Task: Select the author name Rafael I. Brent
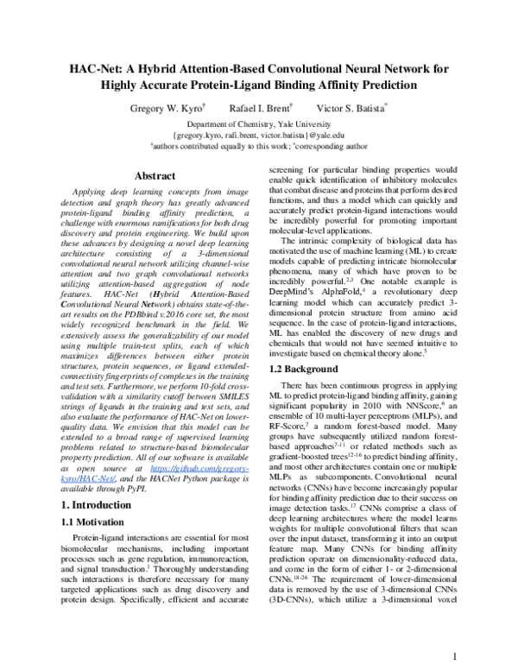click(262, 109)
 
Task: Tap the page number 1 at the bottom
click(454, 656)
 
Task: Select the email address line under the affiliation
click(258, 136)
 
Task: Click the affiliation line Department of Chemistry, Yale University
click(258, 123)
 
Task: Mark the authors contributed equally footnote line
click(258, 148)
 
